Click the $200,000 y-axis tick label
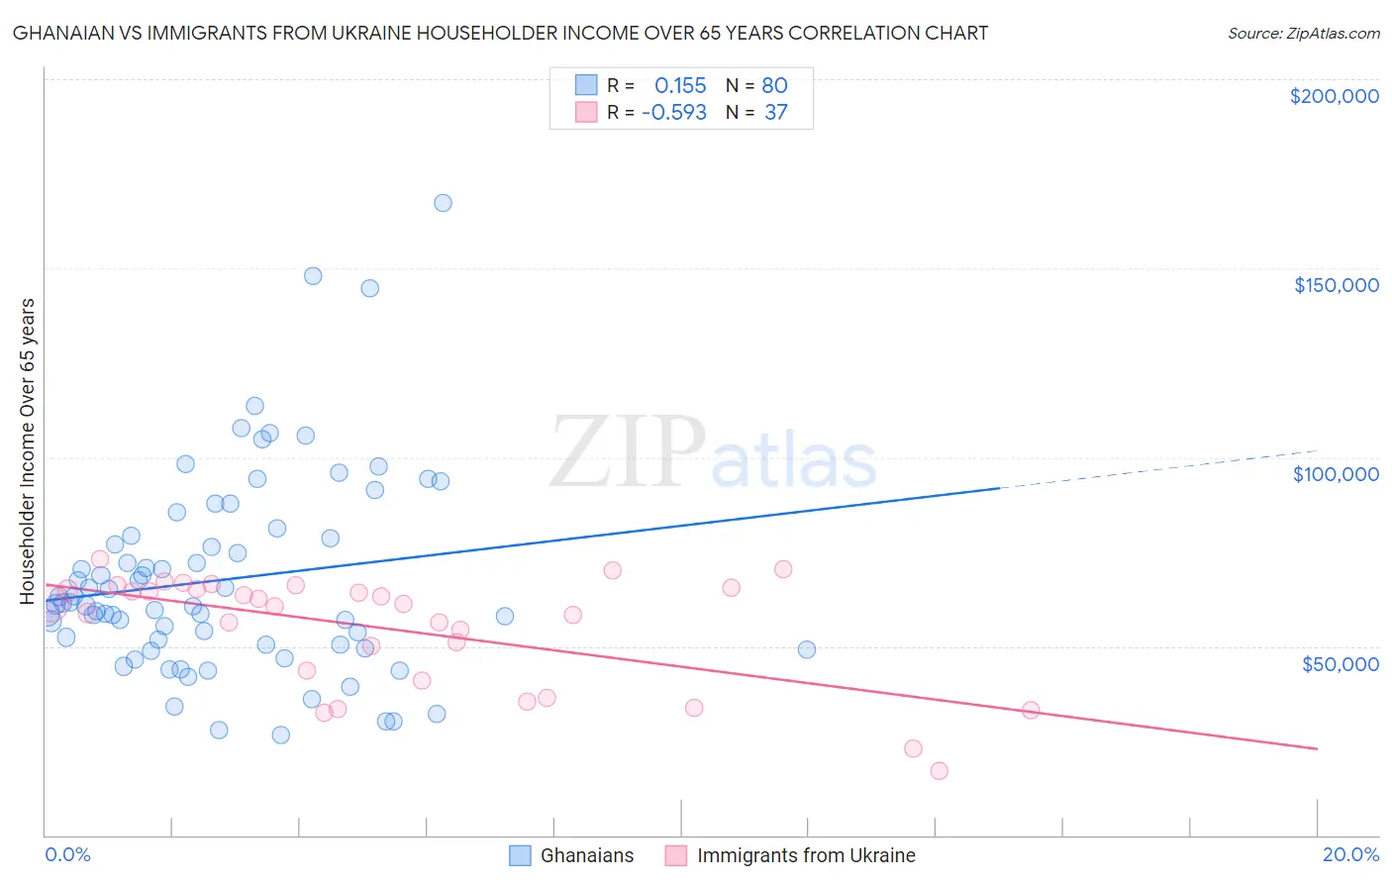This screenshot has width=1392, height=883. click(1334, 96)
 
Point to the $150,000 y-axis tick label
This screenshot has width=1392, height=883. click(1336, 285)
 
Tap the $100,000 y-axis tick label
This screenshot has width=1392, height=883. click(1336, 474)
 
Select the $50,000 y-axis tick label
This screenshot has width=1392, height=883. click(1340, 664)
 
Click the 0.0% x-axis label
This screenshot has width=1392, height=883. click(67, 854)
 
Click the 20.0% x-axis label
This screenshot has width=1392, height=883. click(1350, 854)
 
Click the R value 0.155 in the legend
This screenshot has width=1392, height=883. click(680, 86)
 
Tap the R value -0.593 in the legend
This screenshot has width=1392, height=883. click(674, 113)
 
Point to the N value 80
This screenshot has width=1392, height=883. click(774, 86)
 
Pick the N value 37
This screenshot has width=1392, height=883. click(775, 113)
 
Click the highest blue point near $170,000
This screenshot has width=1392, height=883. click(443, 203)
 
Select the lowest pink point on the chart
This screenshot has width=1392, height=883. click(939, 771)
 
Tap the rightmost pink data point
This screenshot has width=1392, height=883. click(1030, 710)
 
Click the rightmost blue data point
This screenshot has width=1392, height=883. click(807, 649)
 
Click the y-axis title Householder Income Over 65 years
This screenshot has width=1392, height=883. click(28, 450)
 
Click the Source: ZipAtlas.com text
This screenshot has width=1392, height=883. click(1303, 34)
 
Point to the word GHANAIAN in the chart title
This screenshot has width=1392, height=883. click(61, 34)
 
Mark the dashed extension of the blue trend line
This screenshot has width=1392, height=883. click(1158, 468)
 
